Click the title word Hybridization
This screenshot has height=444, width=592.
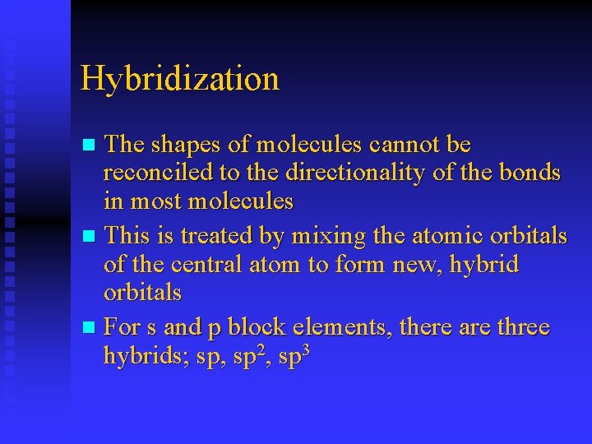[x=180, y=79]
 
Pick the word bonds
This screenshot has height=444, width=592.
[x=532, y=173]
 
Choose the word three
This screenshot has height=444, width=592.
[x=523, y=327]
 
